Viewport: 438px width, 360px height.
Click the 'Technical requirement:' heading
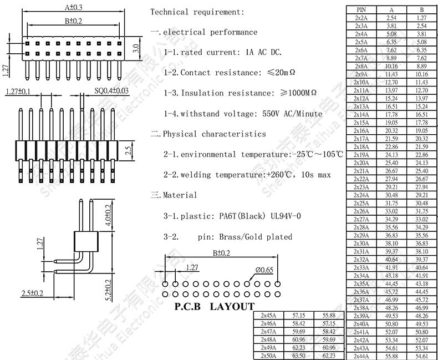196,12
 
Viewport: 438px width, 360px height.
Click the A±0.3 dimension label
73,8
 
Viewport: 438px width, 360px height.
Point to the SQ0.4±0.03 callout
111,91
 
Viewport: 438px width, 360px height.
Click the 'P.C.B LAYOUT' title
214,306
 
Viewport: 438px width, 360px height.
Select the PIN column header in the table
361,9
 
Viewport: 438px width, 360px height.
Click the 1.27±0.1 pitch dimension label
18,91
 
